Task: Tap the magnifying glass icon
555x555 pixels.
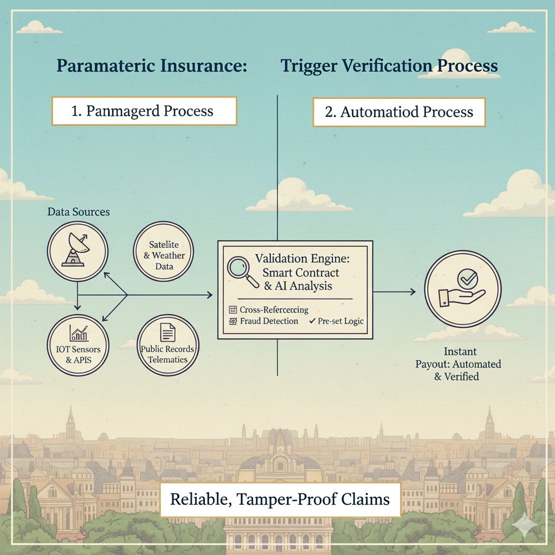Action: click(x=241, y=272)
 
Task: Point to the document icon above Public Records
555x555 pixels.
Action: click(x=167, y=332)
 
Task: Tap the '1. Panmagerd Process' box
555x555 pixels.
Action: click(x=144, y=112)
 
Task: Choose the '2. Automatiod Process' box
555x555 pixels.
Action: click(x=398, y=112)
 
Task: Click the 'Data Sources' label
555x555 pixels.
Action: click(x=79, y=212)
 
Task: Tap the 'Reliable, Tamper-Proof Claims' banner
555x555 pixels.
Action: click(x=280, y=499)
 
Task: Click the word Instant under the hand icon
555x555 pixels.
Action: click(x=460, y=352)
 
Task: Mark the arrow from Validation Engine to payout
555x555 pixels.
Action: click(x=395, y=292)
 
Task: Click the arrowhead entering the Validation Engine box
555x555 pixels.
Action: click(x=209, y=295)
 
